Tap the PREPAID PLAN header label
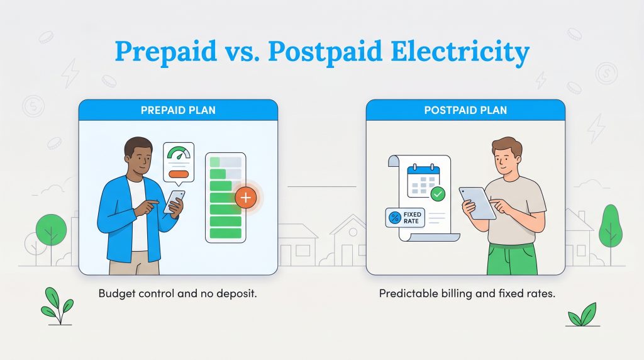point(177,111)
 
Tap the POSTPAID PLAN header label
point(465,111)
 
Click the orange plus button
point(245,198)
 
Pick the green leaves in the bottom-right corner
point(582,315)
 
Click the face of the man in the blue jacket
point(140,159)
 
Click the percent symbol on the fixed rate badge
point(395,218)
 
